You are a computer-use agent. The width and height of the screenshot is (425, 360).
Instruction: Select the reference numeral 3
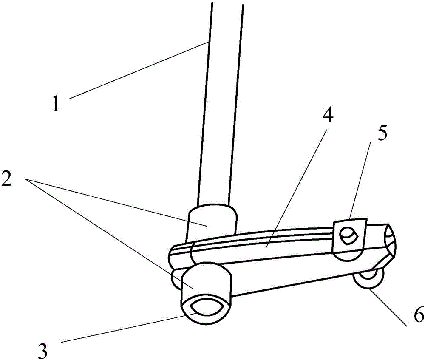[x=42, y=351]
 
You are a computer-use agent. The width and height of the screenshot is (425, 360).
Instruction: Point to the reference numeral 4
[x=328, y=114]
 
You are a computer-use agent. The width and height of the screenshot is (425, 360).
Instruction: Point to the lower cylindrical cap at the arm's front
[x=207, y=294]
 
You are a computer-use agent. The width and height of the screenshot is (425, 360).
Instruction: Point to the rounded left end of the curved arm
[x=173, y=256]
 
